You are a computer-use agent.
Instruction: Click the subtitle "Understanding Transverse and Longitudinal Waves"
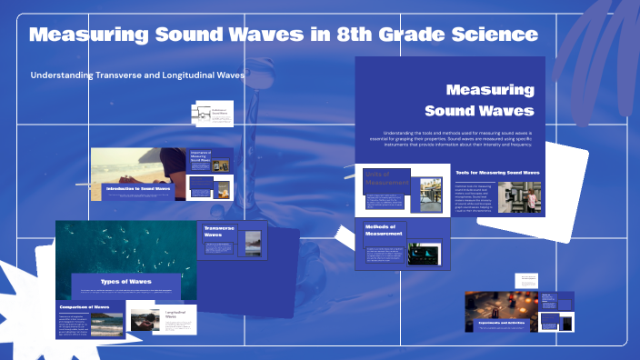(137, 75)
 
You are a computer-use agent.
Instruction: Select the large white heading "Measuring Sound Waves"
(489, 101)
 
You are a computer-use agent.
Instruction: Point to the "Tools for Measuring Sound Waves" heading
(497, 172)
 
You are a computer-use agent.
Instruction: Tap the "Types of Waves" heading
(125, 282)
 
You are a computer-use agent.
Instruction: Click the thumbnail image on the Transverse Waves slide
(251, 242)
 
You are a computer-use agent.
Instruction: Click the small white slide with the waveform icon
(213, 115)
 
